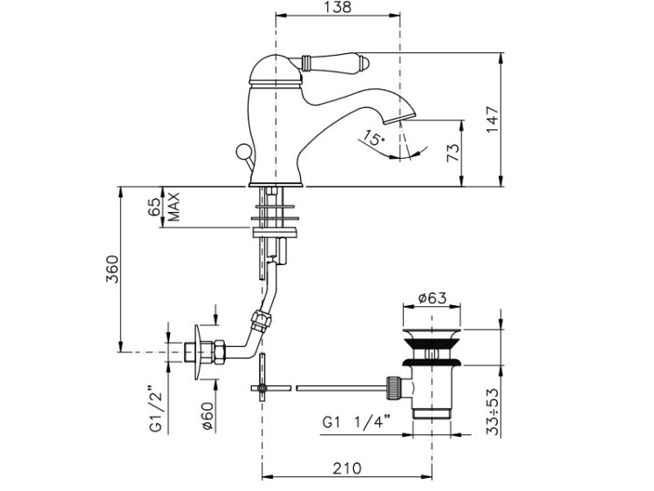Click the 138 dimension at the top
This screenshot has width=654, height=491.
pos(337,7)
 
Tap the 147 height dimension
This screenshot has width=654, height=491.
pos(493,119)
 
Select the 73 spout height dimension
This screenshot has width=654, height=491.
pos(453,153)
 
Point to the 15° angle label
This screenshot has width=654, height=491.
pos(373,137)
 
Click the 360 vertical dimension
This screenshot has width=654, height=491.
pos(112,269)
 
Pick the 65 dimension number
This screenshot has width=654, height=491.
pos(153,207)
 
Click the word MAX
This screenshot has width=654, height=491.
pos(174,207)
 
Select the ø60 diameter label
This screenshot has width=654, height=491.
pos(208,416)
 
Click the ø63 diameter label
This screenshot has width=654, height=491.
pos(432,298)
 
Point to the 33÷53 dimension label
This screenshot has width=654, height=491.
pos(494,413)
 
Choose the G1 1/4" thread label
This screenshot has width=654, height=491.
pos(358,422)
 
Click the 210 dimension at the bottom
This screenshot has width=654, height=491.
pos(347,468)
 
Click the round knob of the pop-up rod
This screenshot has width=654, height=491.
pos(242,151)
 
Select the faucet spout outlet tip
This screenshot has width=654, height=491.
pos(399,117)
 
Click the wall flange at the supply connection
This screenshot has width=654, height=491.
pos(199,352)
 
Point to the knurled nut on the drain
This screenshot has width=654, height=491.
pos(394,387)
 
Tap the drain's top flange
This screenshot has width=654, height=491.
pos(432,332)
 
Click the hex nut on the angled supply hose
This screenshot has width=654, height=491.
pos(262,321)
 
